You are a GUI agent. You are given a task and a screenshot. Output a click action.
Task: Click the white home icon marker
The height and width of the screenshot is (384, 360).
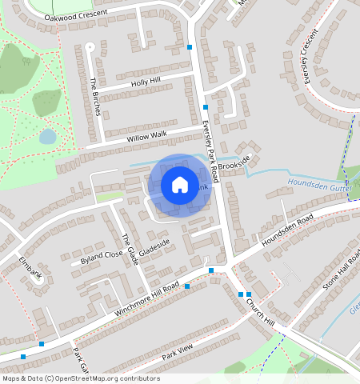[180, 185]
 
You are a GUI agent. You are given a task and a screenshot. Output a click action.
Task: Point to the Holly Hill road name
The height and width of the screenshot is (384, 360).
[146, 82]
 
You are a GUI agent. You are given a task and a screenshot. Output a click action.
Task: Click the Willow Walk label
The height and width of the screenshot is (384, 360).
[147, 136]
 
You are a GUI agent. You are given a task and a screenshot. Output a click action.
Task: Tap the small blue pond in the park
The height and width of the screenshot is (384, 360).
[48, 136]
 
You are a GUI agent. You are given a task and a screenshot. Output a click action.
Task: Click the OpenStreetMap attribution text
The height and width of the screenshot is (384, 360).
[81, 378]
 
